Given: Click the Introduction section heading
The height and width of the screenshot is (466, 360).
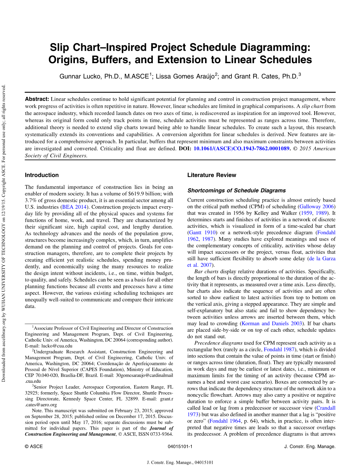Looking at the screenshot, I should (x=42, y=175).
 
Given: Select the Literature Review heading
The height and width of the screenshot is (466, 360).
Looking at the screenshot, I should (x=212, y=175).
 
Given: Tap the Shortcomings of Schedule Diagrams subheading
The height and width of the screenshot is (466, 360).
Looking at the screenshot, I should (x=236, y=191).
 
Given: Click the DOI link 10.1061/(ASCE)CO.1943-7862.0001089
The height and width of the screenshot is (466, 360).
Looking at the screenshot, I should (x=242, y=149).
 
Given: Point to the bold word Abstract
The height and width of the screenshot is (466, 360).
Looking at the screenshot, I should (x=37, y=99).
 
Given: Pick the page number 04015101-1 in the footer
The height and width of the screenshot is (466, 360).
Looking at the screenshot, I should (x=180, y=446).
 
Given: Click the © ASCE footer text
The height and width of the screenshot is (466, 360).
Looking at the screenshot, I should (x=34, y=446).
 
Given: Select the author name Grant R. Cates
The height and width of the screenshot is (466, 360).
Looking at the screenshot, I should (x=257, y=76).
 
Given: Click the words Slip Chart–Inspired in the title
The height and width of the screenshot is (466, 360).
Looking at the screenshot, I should (x=99, y=48).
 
